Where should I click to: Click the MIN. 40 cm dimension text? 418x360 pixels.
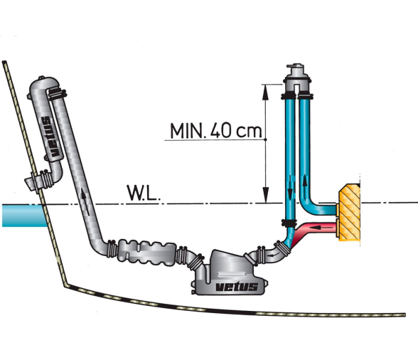pos(216,131)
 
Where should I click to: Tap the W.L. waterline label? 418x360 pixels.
pos(144,193)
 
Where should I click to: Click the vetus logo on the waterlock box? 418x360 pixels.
pos(237,287)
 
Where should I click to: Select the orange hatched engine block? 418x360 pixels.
pos(349,213)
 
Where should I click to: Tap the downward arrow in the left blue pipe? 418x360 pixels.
pos(290,187)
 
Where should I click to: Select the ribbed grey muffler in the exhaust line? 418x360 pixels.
pos(146,252)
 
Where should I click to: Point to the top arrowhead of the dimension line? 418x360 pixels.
pos(265,92)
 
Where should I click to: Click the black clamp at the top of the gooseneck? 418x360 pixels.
pos(58,93)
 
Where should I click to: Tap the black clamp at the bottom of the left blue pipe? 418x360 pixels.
pos(289,223)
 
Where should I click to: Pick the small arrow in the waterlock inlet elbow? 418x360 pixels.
pos(272,255)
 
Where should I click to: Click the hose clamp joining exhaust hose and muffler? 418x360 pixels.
pos(112,248)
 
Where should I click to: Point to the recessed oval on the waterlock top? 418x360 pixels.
pos(231,274)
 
